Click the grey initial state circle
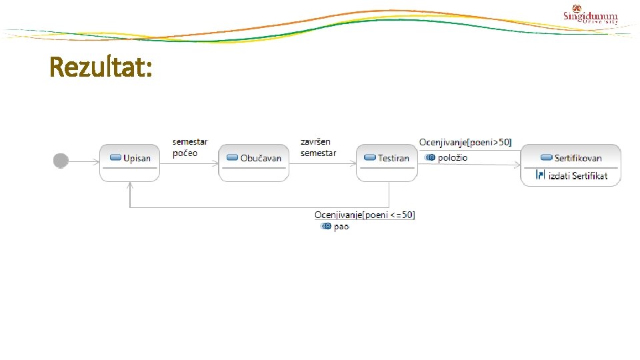(x=61, y=161)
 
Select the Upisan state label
(x=137, y=158)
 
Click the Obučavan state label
(x=261, y=158)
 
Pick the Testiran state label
(x=393, y=158)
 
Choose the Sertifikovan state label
(x=578, y=158)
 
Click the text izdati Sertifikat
(x=578, y=176)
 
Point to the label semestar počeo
(x=190, y=147)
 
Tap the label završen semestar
(x=318, y=147)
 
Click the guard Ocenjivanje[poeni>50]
(x=465, y=142)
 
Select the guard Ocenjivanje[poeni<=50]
(x=365, y=215)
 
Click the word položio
(x=453, y=157)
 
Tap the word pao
(x=341, y=227)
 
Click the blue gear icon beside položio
(x=430, y=157)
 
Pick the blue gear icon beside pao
(x=325, y=227)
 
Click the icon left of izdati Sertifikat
(x=541, y=176)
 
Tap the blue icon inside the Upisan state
(x=115, y=158)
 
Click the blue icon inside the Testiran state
(x=370, y=158)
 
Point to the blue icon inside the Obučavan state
(x=233, y=158)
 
